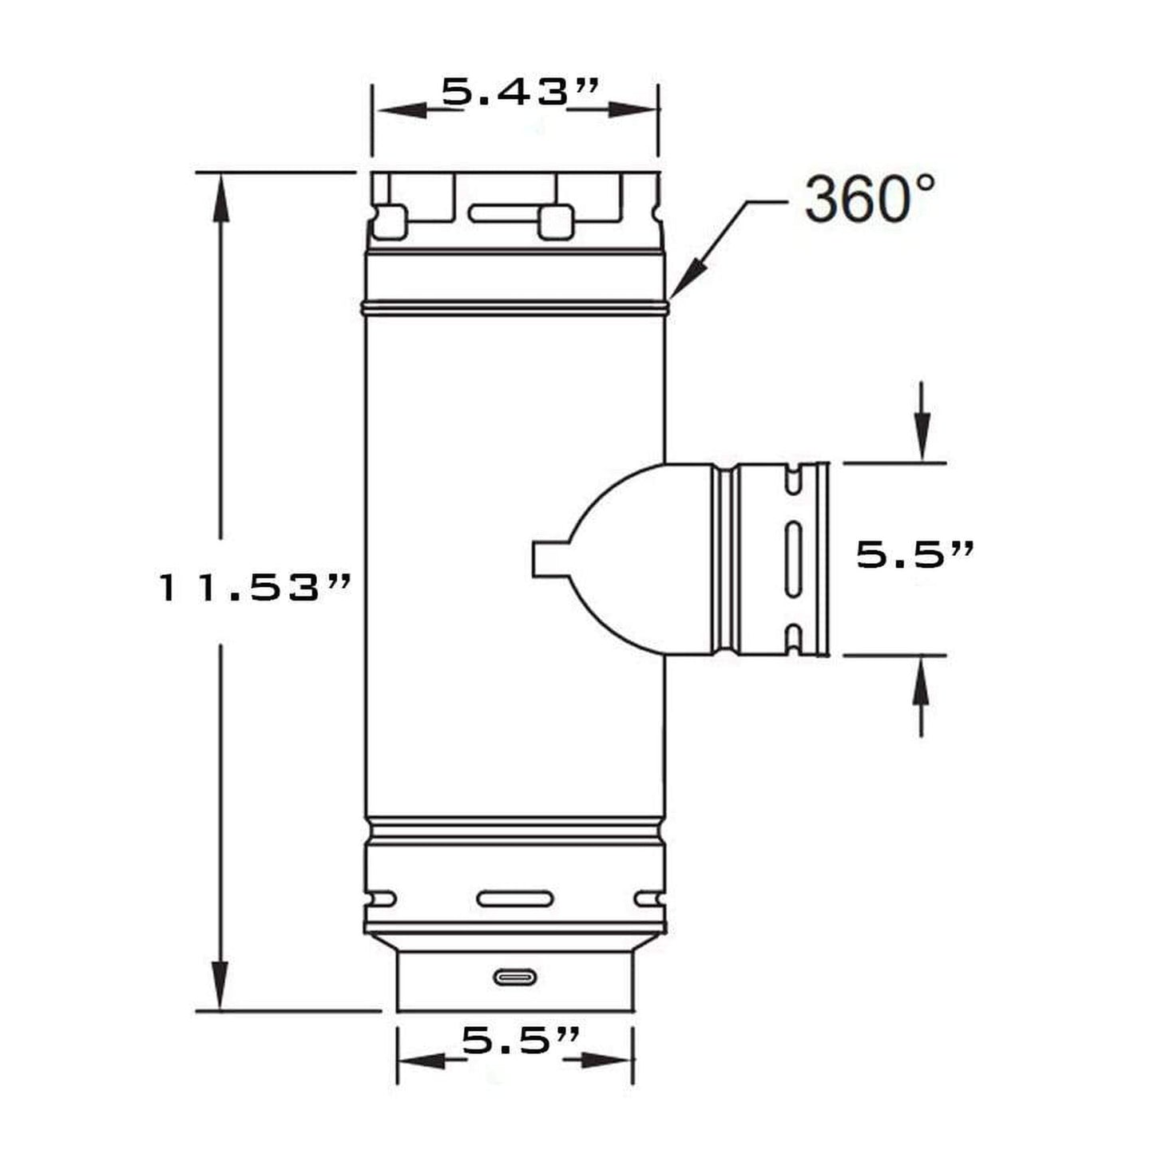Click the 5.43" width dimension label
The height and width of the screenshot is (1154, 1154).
[x=519, y=92]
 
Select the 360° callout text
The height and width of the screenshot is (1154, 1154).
[x=869, y=200]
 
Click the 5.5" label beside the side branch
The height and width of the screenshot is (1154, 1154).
[x=914, y=554]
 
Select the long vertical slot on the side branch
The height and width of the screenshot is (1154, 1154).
[x=792, y=559]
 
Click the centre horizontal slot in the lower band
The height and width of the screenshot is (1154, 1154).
[x=514, y=916]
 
